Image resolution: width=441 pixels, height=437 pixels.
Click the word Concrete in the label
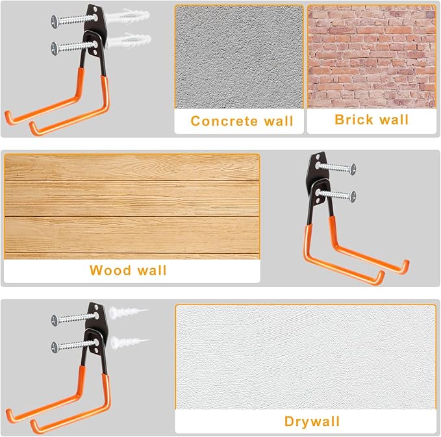(x=224, y=121)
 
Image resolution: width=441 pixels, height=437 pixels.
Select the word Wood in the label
(x=110, y=270)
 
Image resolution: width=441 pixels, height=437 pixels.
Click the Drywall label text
(x=312, y=421)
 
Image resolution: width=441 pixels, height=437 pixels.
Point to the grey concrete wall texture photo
(x=239, y=57)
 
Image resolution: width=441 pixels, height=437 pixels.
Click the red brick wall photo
(x=372, y=56)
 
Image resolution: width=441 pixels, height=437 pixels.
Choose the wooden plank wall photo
(x=132, y=206)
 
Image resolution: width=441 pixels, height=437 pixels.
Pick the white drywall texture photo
(x=305, y=357)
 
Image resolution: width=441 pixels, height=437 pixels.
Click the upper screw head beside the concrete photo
(x=55, y=21)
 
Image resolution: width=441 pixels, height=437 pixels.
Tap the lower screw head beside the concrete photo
(x=55, y=48)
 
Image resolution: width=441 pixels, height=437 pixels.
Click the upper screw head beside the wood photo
(x=353, y=169)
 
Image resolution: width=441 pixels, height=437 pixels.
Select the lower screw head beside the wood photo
(x=353, y=196)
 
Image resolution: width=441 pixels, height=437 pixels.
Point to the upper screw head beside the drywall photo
(x=55, y=321)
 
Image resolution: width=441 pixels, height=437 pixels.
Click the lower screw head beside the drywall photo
(x=55, y=347)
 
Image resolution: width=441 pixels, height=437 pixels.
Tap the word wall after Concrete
(x=279, y=121)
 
